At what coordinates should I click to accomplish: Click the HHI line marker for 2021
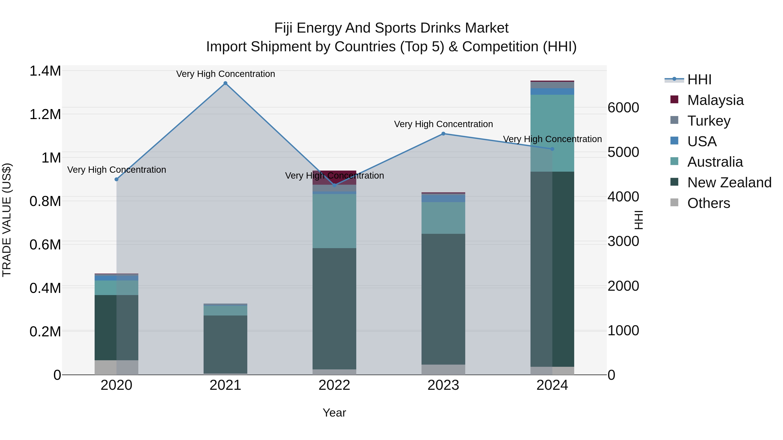tap(225, 83)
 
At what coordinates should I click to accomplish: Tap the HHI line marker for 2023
tap(443, 134)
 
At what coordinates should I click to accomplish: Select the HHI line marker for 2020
tap(116, 179)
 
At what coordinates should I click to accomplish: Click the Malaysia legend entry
tap(715, 100)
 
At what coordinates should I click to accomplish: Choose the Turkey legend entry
tap(709, 121)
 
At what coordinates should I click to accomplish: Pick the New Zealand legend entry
tap(729, 183)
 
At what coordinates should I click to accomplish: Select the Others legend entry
tap(708, 203)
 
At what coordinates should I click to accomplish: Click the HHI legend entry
tap(699, 80)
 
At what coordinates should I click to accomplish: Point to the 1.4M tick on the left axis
tap(45, 71)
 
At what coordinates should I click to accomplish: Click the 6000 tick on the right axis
tap(623, 108)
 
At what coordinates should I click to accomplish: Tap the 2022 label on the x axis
tap(334, 385)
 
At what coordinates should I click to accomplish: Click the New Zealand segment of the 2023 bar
tap(443, 299)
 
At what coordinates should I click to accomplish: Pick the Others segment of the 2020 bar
tap(116, 367)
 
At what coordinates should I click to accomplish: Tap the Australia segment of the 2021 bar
tap(225, 310)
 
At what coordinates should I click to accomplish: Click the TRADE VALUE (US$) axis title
tap(7, 220)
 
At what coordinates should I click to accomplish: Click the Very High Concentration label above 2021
tap(225, 74)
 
